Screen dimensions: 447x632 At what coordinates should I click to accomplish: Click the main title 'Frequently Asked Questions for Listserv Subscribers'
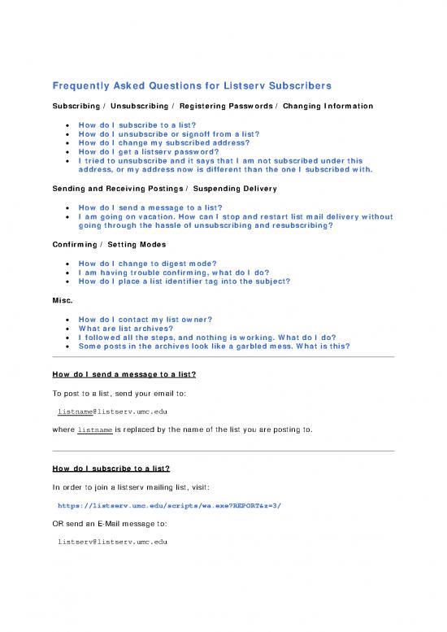(x=192, y=86)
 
